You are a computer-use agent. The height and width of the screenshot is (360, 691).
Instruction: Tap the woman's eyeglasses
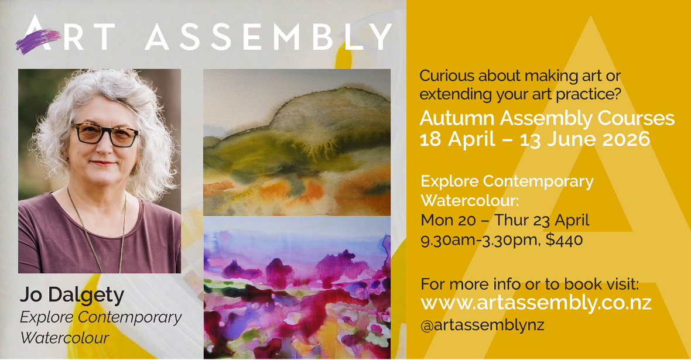point(105,134)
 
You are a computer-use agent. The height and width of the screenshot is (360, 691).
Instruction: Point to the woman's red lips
point(103,163)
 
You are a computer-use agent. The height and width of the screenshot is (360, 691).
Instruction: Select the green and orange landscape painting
point(296,142)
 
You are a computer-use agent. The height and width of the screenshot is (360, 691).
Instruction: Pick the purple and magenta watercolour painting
point(296,287)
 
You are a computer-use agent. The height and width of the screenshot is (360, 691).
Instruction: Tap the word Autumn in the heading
point(457,118)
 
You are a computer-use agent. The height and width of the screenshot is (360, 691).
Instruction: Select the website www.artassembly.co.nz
point(536,303)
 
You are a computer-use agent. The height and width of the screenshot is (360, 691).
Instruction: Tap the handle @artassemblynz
point(483,325)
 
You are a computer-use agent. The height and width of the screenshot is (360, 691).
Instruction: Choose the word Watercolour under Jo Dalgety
point(64,338)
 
